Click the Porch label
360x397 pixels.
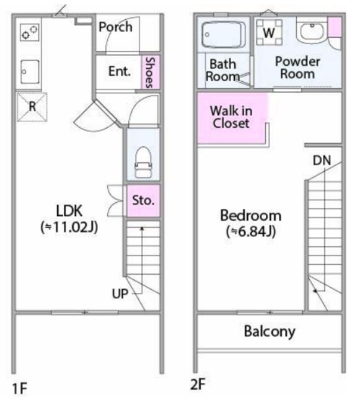pyautogui.click(x=115, y=27)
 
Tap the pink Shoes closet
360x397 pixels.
pyautogui.click(x=150, y=72)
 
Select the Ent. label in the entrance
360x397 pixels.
pyautogui.click(x=120, y=71)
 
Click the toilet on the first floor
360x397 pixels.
pyautogui.click(x=144, y=163)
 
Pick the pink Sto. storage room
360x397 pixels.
pyautogui.click(x=143, y=201)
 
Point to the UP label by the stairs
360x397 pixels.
pyautogui.click(x=120, y=293)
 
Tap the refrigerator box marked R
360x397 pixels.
pyautogui.click(x=32, y=107)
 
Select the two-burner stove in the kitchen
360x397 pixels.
pyautogui.click(x=30, y=32)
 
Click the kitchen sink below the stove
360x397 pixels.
pyautogui.click(x=30, y=72)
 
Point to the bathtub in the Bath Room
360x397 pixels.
pyautogui.click(x=224, y=35)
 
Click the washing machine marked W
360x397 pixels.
pyautogui.click(x=269, y=32)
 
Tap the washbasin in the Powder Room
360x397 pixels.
pyautogui.click(x=312, y=31)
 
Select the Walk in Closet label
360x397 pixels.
pyautogui.click(x=231, y=117)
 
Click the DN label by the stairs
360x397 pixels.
pyautogui.click(x=322, y=160)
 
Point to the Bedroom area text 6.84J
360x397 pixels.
pyautogui.click(x=251, y=231)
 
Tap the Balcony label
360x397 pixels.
pyautogui.click(x=270, y=331)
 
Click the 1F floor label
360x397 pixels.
pyautogui.click(x=20, y=388)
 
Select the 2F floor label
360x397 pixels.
pyautogui.click(x=198, y=385)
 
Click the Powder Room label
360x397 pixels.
pyautogui.click(x=297, y=68)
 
